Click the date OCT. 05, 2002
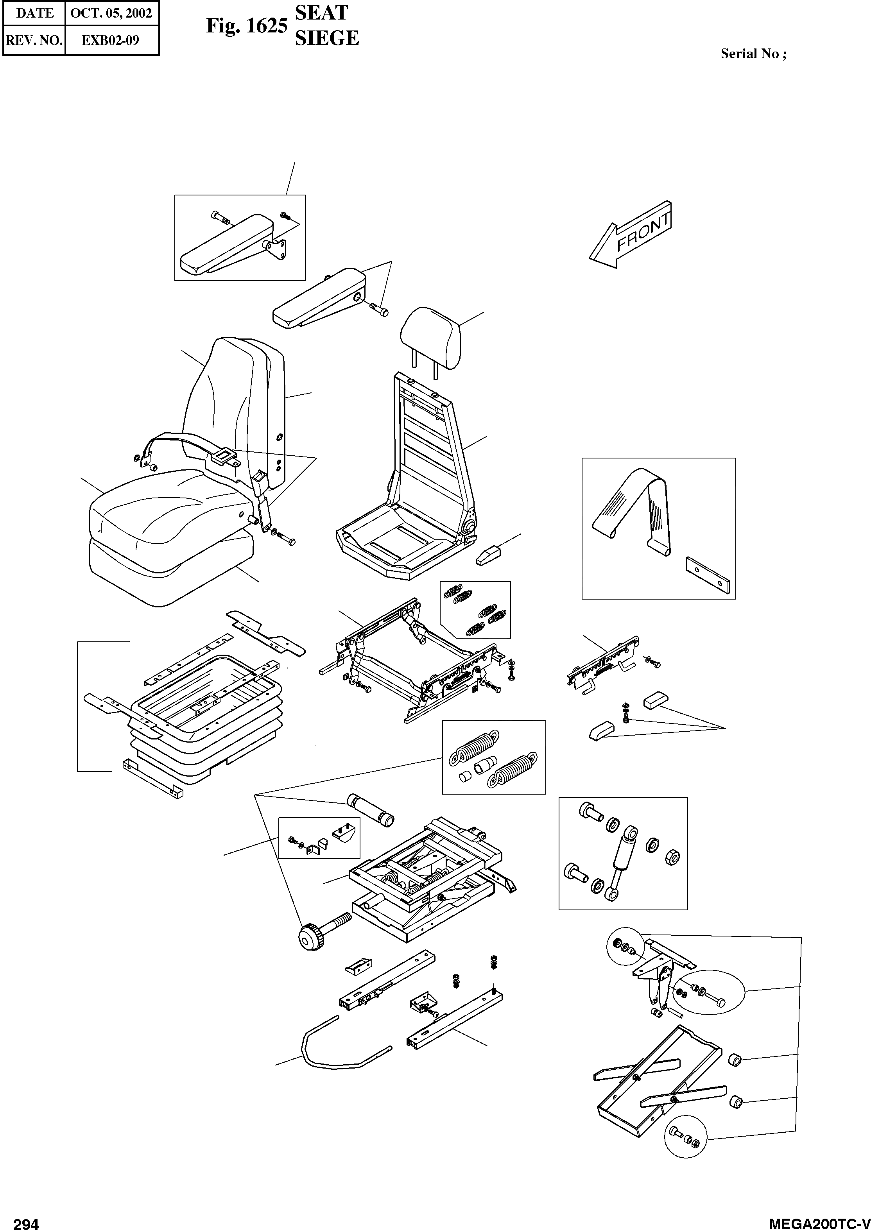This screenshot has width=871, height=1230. pos(111,13)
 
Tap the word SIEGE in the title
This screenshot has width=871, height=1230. pos(327,38)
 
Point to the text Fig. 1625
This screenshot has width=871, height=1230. pos(247,25)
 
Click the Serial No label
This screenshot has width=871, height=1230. pos(753,54)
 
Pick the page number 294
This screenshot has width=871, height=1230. pos(26,1220)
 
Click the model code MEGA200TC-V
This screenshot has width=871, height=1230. pos(819,1220)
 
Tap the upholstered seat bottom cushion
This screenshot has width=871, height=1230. pos(161,509)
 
